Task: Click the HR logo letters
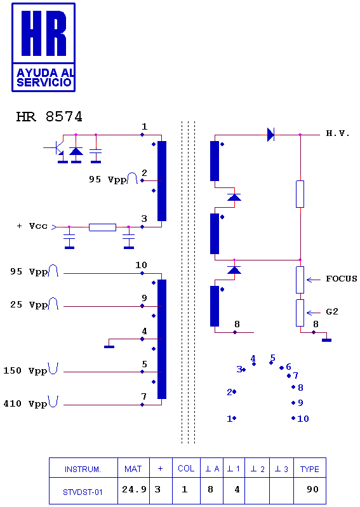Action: tap(44, 33)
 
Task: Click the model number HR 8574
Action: tap(50, 117)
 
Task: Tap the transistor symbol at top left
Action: tap(58, 147)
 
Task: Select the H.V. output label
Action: tap(338, 133)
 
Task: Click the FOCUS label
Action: tap(341, 279)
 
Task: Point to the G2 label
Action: tap(332, 312)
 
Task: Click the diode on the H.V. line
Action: tap(271, 135)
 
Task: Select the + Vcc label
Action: tap(32, 226)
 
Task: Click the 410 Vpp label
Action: tap(25, 403)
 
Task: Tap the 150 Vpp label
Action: tap(25, 370)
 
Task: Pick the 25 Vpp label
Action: tap(29, 304)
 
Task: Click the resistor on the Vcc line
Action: tap(102, 227)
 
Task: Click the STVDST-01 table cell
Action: tap(83, 492)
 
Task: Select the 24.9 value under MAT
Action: tap(134, 489)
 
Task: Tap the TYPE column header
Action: tap(310, 469)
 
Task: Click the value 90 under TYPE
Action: tap(312, 489)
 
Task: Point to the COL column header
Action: tap(186, 468)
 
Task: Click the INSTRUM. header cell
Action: tap(83, 469)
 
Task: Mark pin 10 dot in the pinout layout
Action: tap(293, 418)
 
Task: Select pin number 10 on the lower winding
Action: tap(141, 265)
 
